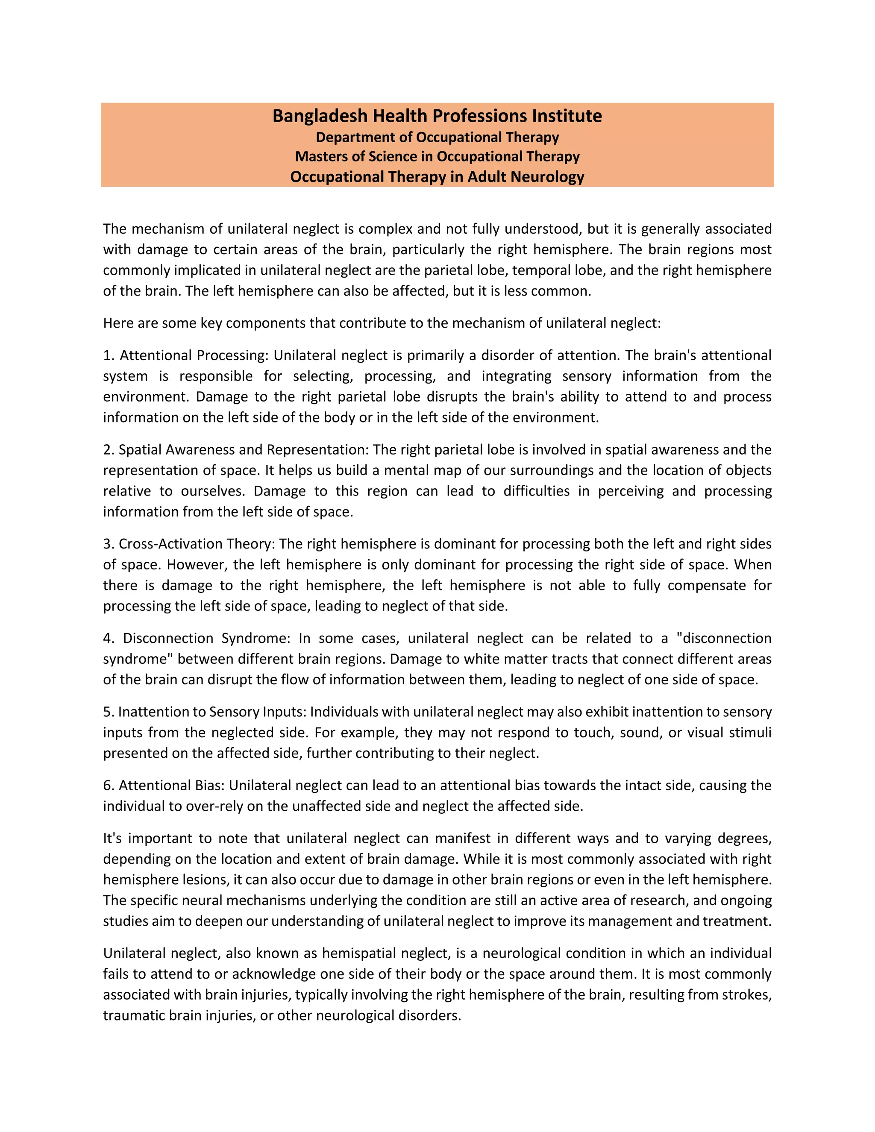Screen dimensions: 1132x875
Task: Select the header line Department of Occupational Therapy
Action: click(x=437, y=138)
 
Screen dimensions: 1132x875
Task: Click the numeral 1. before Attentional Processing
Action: click(x=109, y=355)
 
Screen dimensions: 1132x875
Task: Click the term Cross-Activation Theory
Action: click(x=196, y=544)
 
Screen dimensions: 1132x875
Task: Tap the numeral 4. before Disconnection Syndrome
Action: click(x=109, y=639)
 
